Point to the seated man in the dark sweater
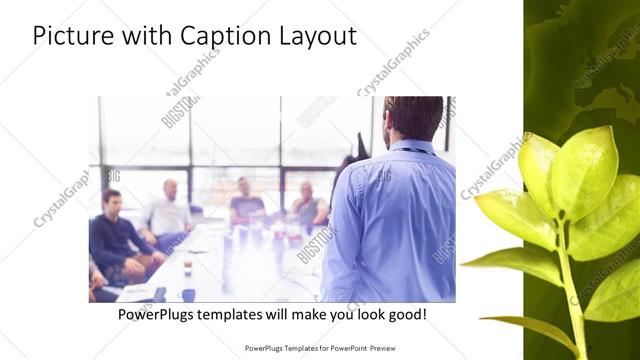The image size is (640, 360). [x=112, y=235]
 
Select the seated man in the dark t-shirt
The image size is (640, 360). [x=246, y=203]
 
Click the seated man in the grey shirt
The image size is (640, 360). [x=305, y=205]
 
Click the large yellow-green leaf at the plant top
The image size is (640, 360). [x=582, y=170]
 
